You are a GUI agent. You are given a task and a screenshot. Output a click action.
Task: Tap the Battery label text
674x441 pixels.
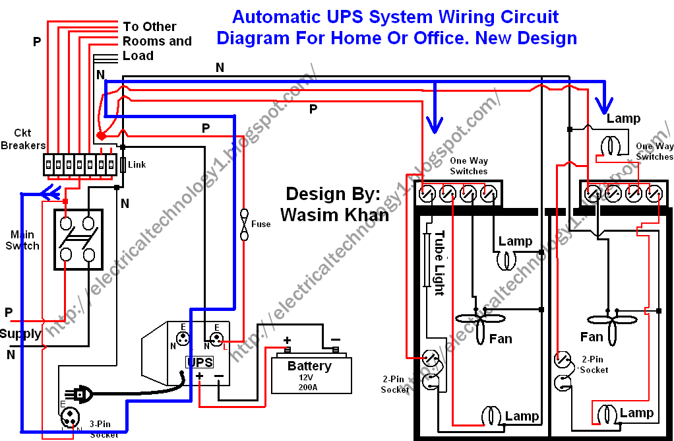309,366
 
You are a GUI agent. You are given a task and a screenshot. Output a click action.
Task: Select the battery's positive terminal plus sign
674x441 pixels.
288,341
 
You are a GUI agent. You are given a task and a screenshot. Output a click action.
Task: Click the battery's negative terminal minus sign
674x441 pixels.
336,341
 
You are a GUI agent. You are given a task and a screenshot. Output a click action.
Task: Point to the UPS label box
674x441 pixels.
200,362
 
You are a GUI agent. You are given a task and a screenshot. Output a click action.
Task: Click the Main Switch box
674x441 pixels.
78,240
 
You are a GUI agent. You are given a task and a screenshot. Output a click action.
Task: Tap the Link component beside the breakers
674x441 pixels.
123,164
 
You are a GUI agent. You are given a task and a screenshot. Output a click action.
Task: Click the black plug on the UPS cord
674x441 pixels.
82,395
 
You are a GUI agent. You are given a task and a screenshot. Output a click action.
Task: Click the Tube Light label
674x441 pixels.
439,263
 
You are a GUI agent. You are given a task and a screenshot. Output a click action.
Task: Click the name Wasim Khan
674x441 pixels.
334,215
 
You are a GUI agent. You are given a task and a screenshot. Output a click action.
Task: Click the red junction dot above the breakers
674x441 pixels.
101,135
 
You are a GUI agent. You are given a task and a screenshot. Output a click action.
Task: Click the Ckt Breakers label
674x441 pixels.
22,139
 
